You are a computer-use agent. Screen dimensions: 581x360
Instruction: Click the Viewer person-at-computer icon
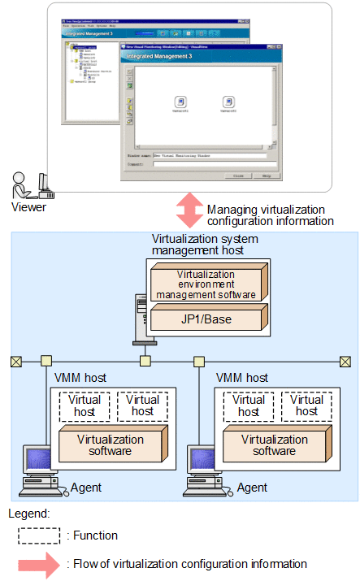point(33,184)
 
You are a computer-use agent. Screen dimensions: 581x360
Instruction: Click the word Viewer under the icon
point(29,207)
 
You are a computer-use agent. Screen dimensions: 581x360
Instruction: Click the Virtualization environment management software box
point(205,284)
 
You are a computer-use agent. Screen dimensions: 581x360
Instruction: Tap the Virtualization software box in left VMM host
point(110,445)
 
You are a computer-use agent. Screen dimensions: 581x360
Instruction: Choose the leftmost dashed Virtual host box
point(85,405)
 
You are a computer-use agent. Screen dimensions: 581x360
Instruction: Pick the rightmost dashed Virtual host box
point(306,405)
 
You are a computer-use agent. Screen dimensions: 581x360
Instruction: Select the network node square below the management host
point(145,361)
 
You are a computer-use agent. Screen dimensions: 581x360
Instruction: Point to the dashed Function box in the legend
point(39,535)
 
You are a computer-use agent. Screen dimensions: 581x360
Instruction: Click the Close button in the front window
point(237,175)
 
